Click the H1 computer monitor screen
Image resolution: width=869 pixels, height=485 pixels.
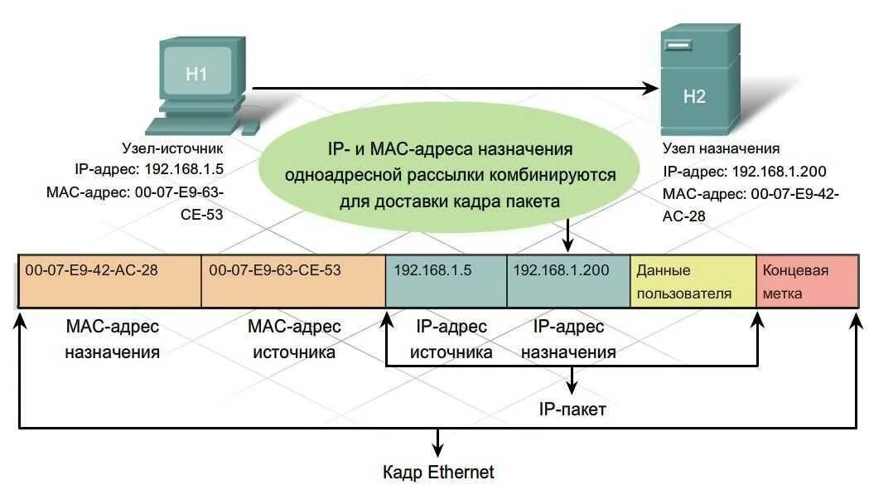(x=196, y=75)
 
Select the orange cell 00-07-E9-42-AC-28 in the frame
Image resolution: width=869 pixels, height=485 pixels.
(x=109, y=282)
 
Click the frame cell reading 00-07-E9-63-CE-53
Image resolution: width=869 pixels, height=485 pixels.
(x=293, y=282)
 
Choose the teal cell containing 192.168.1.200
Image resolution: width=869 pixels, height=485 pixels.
(x=568, y=282)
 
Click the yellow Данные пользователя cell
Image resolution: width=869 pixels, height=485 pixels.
(x=693, y=282)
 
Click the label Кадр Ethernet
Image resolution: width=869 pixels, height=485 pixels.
(x=438, y=473)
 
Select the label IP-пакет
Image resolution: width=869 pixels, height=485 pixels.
(x=572, y=409)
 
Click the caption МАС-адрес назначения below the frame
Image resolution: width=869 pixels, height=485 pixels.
(x=112, y=339)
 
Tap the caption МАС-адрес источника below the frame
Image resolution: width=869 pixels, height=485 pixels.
(x=294, y=339)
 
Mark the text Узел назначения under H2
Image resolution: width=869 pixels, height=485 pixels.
(x=721, y=149)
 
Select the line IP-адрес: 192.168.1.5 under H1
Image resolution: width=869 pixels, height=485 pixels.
(x=149, y=170)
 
